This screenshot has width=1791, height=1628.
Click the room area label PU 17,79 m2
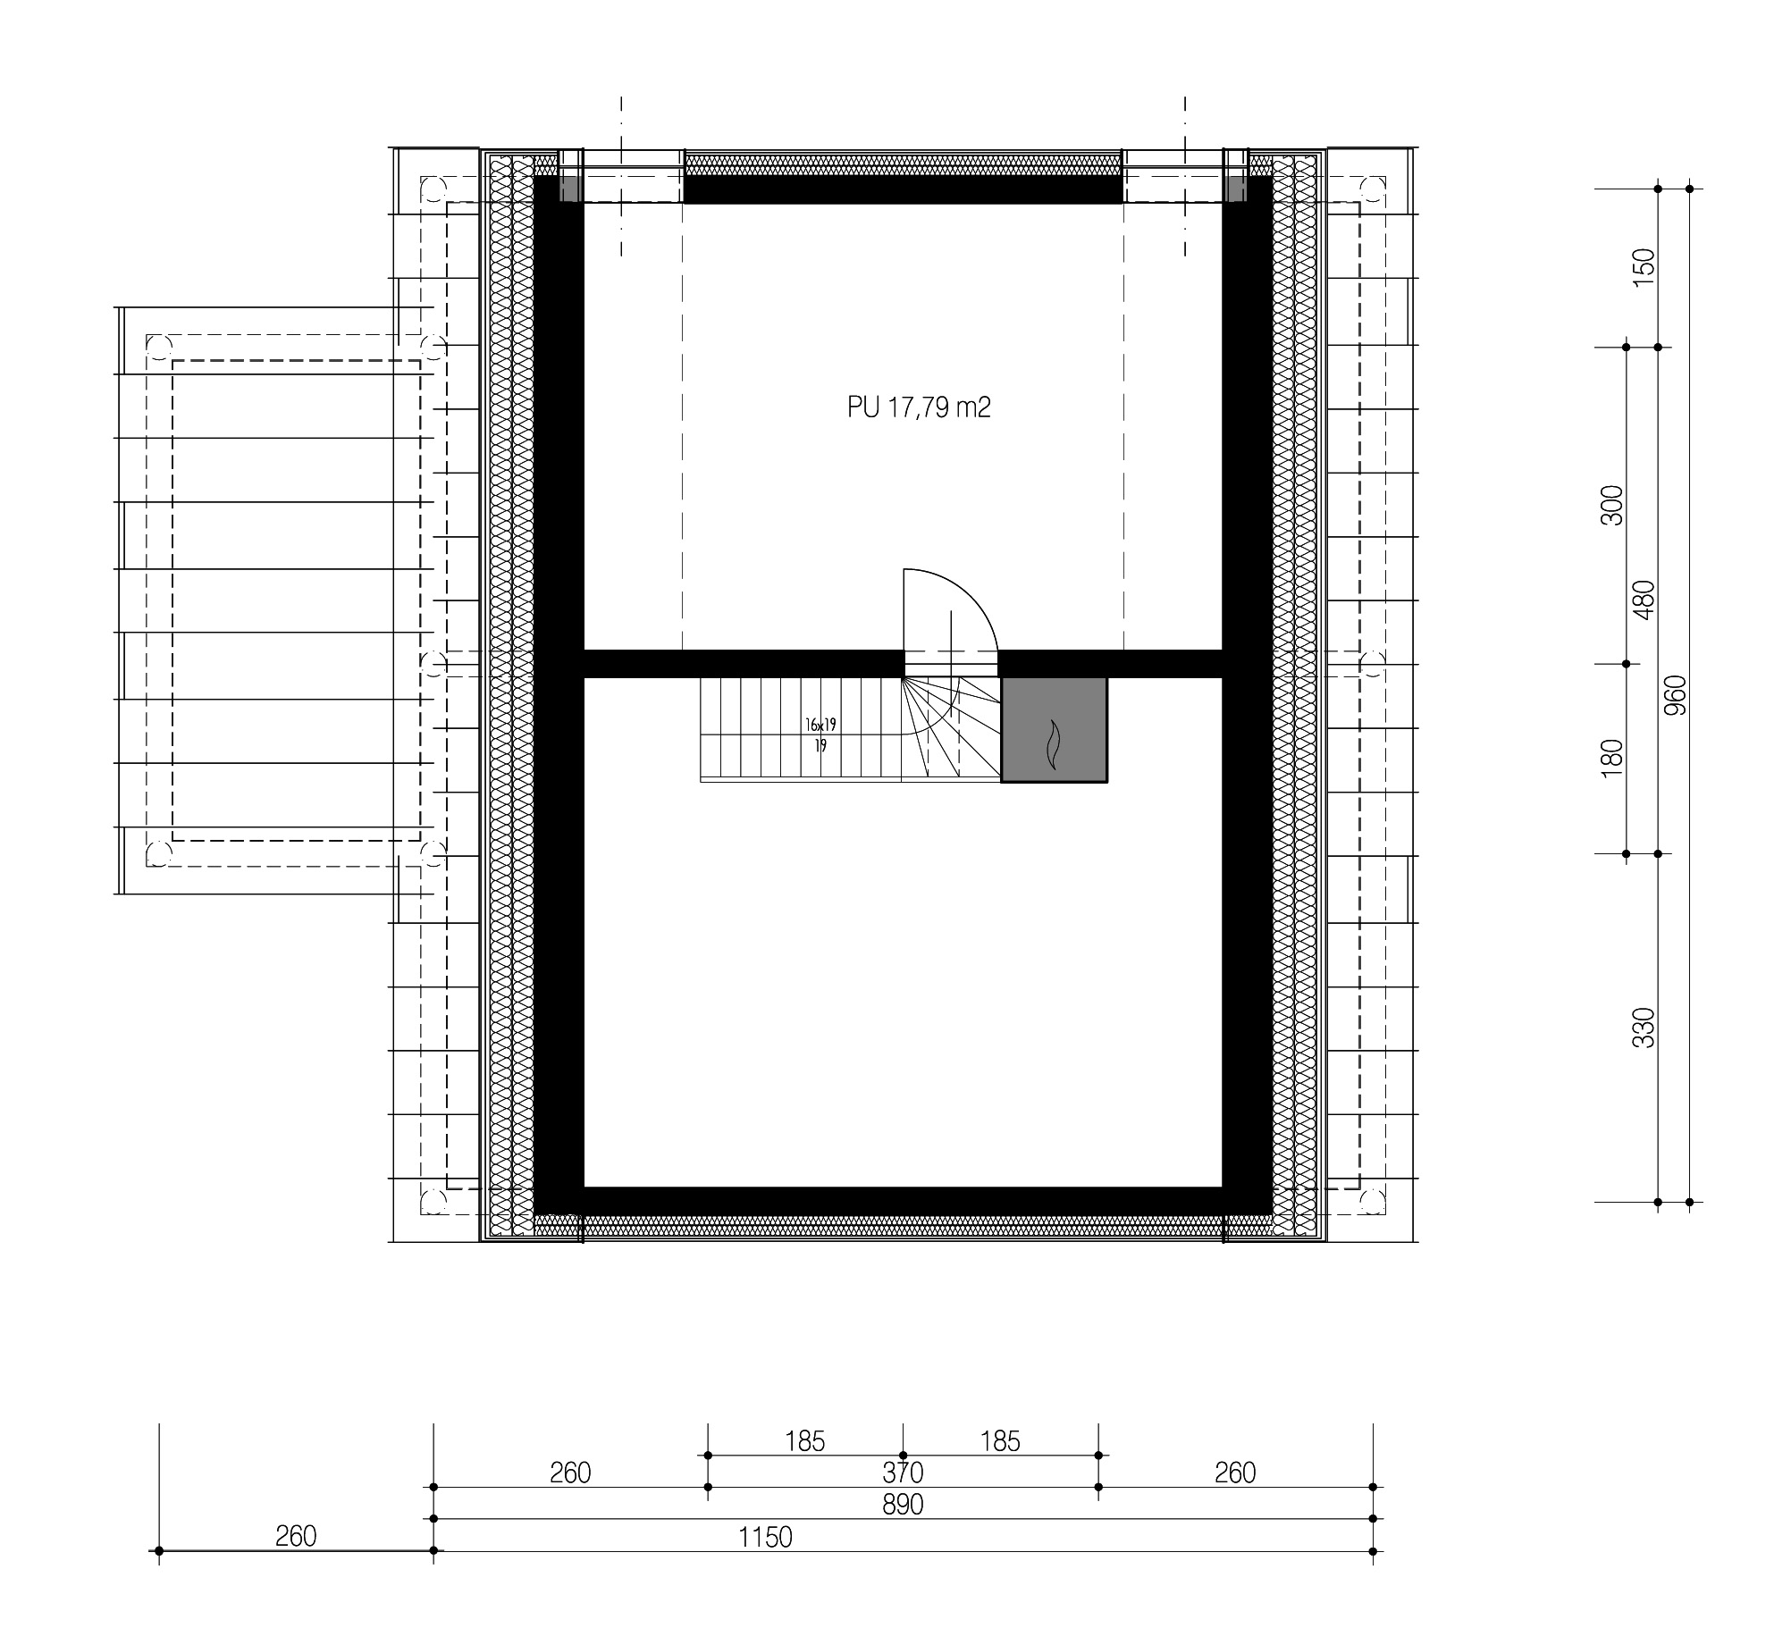coord(919,407)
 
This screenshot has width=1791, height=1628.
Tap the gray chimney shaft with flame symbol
coord(1054,729)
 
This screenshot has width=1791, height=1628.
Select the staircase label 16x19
coord(820,726)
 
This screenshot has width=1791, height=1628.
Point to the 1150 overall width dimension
coord(765,1537)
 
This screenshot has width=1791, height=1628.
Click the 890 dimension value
coord(902,1505)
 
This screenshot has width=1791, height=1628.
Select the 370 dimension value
coord(902,1472)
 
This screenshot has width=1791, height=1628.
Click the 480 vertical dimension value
coord(1644,600)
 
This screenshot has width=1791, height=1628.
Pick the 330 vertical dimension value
coord(1644,1028)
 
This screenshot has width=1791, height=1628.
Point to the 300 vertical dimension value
coord(1611,506)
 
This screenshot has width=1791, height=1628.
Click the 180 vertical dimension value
coord(1611,759)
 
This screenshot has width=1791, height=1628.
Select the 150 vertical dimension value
coord(1644,268)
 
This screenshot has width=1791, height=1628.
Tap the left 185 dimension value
coord(804,1441)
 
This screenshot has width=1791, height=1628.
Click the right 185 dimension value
coord(999,1441)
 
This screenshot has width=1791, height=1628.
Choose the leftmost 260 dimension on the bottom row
coord(296,1536)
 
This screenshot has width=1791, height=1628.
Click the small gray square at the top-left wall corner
coord(570,189)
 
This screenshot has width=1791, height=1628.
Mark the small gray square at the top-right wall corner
coord(1235,189)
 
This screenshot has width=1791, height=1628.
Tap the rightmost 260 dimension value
coord(1235,1473)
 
